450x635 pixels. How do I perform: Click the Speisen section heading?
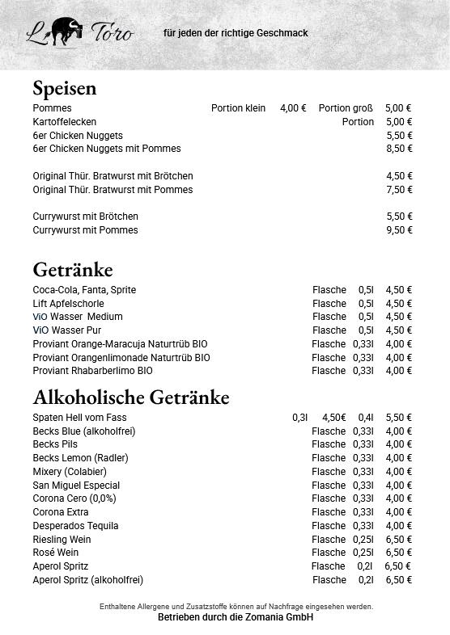click(65, 88)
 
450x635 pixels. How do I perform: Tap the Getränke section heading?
click(73, 269)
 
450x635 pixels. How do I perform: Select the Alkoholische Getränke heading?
click(131, 397)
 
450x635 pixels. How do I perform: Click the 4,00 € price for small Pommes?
click(293, 108)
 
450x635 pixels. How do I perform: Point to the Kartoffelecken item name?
click(65, 122)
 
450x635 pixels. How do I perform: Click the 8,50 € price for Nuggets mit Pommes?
click(399, 149)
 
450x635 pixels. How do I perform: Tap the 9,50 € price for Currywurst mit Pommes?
click(399, 230)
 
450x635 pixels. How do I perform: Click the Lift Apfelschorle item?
click(68, 304)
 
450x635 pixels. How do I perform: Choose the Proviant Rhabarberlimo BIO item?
click(92, 371)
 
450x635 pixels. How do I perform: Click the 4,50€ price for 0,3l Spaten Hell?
click(333, 418)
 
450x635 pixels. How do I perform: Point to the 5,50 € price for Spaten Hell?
click(398, 418)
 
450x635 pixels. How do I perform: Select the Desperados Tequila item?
click(75, 526)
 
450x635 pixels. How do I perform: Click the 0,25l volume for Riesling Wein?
click(363, 540)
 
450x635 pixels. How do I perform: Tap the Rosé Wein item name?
click(56, 553)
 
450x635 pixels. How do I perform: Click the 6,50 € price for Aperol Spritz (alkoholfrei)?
click(398, 580)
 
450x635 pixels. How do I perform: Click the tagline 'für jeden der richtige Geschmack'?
click(236, 33)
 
